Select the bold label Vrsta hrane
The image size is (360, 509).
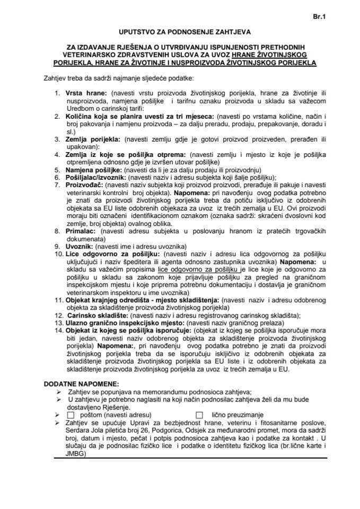[83, 93]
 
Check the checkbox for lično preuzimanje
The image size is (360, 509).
[199, 415]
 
